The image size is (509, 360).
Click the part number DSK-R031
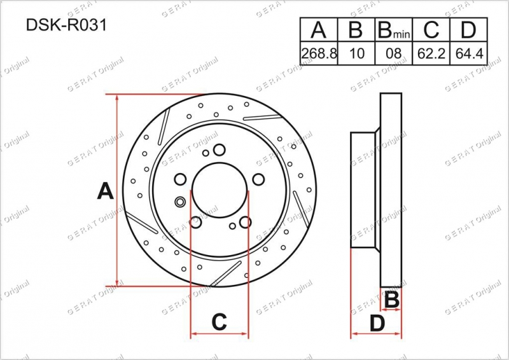[66, 25]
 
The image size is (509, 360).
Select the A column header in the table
[319, 29]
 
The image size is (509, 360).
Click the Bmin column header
[393, 30]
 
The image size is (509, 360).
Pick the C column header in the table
[431, 29]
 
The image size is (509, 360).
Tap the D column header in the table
[468, 29]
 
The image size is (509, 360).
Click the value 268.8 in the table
[319, 53]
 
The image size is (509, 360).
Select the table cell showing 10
[356, 53]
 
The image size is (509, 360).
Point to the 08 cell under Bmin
[393, 53]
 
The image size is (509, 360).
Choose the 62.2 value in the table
[431, 53]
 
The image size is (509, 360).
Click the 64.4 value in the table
[469, 53]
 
